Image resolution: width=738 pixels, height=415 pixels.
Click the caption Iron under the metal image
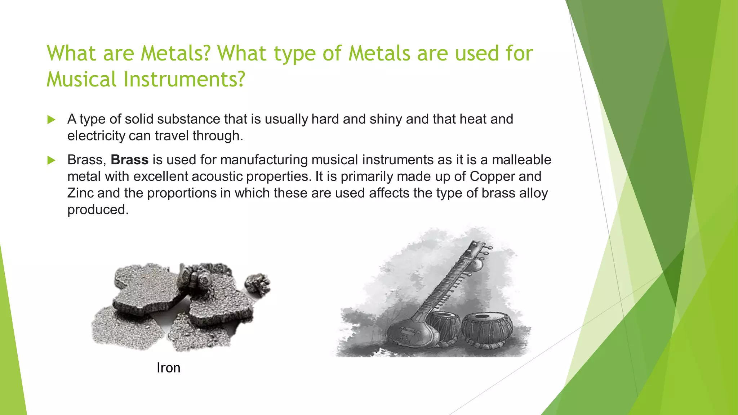click(x=168, y=368)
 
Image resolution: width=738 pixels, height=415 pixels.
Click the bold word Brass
click(x=129, y=160)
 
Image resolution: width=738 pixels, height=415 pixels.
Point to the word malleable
click(x=521, y=160)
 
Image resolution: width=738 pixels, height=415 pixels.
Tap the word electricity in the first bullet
click(x=96, y=136)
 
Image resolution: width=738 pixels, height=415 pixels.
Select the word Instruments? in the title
click(x=184, y=79)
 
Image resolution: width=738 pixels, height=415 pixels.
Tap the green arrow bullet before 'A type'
click(x=51, y=120)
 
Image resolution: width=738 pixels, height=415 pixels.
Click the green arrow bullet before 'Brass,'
click(x=51, y=160)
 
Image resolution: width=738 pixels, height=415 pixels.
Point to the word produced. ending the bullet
click(x=98, y=210)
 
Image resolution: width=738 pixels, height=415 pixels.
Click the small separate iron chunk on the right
click(x=258, y=285)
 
